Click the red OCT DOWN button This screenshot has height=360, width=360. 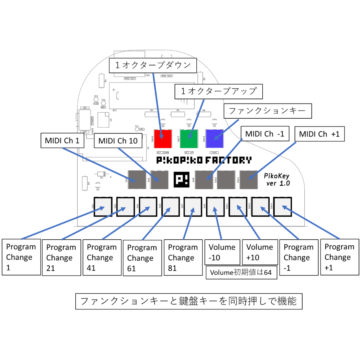pos(163,138)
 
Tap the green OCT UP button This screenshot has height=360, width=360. pos(189,138)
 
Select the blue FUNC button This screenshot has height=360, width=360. pos(214,138)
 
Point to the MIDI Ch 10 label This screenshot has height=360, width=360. pos(118,141)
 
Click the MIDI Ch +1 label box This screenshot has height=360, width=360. pos(319,134)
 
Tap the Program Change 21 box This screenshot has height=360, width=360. pos(61,258)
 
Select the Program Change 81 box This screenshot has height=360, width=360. pos(183,258)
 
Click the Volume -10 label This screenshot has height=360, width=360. pos(222,252)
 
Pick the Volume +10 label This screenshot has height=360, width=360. pos(260,252)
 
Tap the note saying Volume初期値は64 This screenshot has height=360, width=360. pos(241,273)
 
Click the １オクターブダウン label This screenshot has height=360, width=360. pos(153,65)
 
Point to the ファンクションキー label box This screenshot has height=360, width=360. pos(268,111)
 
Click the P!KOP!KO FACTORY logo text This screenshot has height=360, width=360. pos(204,160)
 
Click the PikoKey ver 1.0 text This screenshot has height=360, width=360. pos(277,180)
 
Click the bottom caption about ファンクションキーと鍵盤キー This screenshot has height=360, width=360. pos(189,302)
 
